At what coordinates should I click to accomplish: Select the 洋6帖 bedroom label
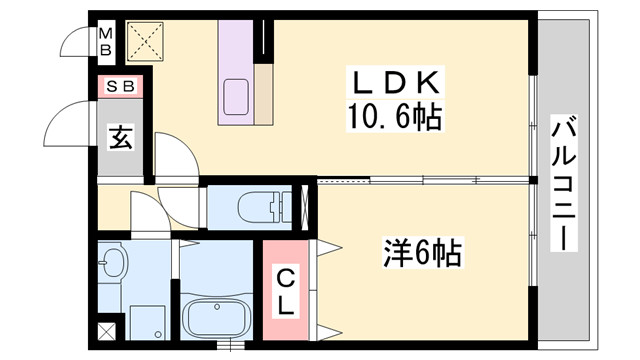coord(421,253)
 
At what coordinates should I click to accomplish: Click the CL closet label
coord(286,290)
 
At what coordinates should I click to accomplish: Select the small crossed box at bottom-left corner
coord(106,332)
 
